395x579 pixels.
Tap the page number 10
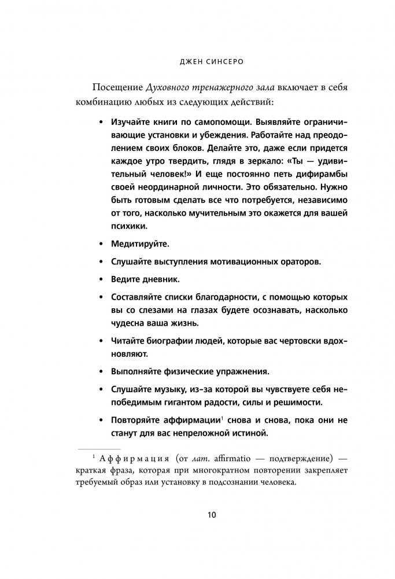click(x=198, y=515)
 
